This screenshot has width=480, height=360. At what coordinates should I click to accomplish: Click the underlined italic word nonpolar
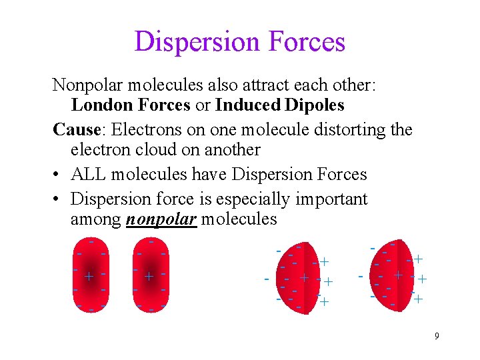(161, 220)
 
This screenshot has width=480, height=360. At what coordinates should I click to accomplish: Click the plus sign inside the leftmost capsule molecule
(88, 276)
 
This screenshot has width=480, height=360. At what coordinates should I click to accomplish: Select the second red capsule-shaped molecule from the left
(150, 276)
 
